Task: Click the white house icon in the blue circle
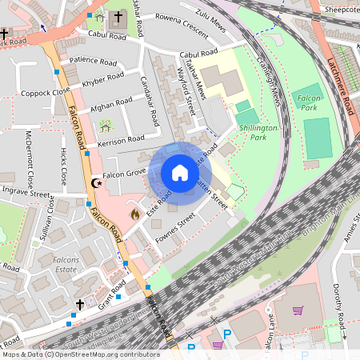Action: pos(180,173)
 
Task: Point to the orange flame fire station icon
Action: pos(134,214)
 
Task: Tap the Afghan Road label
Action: pos(112,103)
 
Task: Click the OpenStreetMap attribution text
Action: pos(80,354)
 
